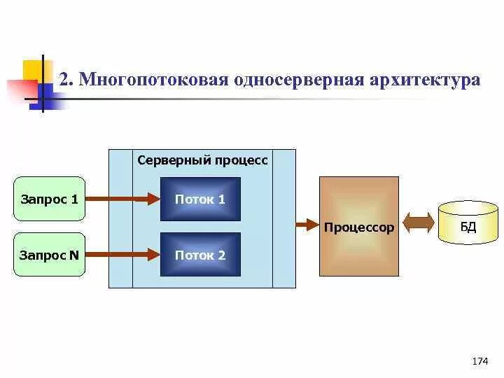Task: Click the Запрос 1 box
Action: (49, 199)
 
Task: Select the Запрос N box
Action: (49, 255)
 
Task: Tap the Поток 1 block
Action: (200, 199)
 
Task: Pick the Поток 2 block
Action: (200, 255)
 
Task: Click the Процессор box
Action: (359, 226)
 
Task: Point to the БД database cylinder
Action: (468, 223)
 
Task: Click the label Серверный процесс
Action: (202, 160)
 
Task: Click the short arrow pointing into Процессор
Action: (307, 225)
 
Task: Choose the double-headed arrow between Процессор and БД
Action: (419, 224)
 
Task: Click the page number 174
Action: (479, 361)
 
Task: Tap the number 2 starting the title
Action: (64, 79)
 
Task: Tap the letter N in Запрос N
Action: (73, 255)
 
